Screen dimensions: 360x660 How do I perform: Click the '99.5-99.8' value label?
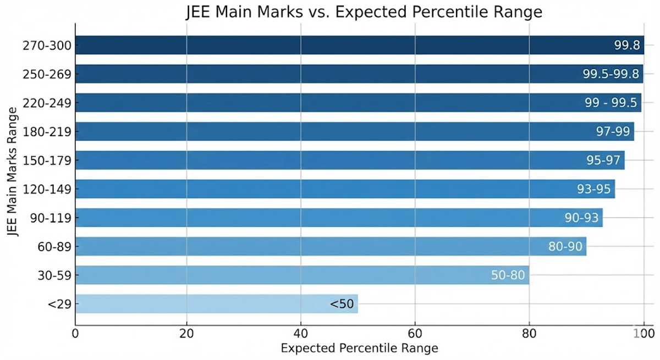tap(610, 74)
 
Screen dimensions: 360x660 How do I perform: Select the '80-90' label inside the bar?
tap(565, 246)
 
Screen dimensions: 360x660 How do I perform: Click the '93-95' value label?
tap(593, 189)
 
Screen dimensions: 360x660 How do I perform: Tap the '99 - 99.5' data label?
tap(611, 103)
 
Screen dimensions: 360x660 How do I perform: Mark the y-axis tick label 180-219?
tap(47, 131)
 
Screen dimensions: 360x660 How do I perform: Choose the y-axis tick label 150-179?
tap(47, 160)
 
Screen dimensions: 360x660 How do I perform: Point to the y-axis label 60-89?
tap(54, 246)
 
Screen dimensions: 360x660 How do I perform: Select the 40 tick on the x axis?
tap(301, 333)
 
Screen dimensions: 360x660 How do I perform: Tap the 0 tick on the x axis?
tap(75, 333)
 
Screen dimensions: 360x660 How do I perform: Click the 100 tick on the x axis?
tap(643, 333)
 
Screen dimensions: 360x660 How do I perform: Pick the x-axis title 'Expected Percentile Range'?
tap(359, 348)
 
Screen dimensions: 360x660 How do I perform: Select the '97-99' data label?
tap(612, 131)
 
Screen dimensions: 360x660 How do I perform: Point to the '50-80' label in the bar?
tap(508, 275)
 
